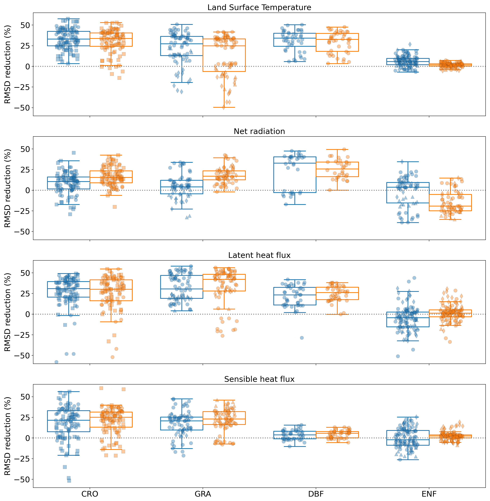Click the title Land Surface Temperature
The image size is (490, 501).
tap(259, 7)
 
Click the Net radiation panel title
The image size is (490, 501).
tap(259, 131)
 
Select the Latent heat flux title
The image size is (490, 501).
tap(259, 255)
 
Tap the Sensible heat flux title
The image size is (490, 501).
tap(259, 379)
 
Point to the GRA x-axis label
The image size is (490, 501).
tap(203, 494)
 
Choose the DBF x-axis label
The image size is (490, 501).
tap(316, 494)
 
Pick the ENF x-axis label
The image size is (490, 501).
tap(429, 494)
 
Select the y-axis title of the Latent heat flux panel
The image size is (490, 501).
tap(8, 312)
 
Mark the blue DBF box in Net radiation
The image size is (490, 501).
tap(295, 175)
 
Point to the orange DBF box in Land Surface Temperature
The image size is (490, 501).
tap(337, 42)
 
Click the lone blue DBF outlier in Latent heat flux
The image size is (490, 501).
tap(302, 338)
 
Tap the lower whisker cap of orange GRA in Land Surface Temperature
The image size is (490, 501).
tap(224, 107)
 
